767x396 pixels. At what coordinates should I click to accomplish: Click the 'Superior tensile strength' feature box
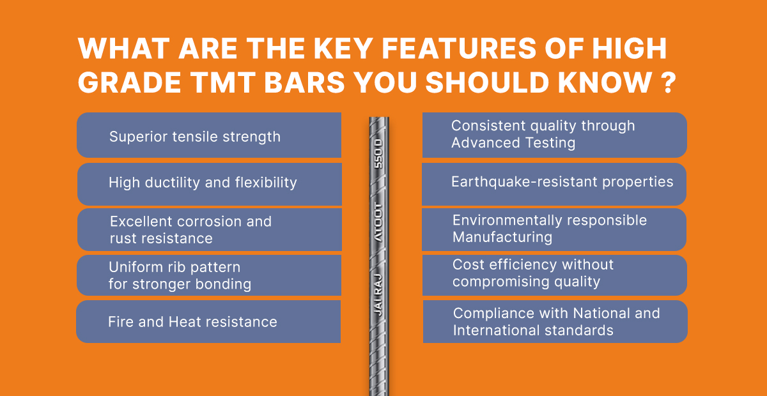[208, 135]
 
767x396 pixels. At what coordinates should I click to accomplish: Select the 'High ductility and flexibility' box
[208, 183]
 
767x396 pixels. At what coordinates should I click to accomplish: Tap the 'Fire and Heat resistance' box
[208, 322]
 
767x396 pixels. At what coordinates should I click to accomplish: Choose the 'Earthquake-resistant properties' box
[555, 182]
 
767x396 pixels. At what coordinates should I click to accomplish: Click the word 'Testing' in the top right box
[548, 143]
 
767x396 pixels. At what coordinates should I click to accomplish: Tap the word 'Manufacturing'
[502, 237]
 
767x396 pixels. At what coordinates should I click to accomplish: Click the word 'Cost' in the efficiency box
[468, 264]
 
